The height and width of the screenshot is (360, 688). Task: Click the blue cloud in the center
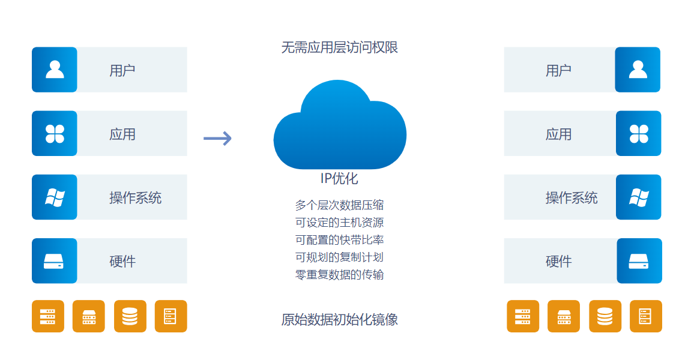point(340,129)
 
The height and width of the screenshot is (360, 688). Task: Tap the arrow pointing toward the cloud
point(217,139)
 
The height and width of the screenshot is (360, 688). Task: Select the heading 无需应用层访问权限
point(339,47)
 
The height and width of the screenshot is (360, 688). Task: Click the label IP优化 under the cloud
point(339,178)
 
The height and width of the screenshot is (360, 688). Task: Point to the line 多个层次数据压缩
point(339,205)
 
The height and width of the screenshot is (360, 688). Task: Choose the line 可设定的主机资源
point(339,223)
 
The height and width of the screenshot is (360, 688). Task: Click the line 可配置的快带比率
point(339,240)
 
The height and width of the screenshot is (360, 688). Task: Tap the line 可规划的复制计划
point(339,257)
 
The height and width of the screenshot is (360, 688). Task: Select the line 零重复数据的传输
point(339,275)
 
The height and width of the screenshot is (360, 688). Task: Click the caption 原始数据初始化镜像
point(339,319)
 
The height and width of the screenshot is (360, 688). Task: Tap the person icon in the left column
point(55,70)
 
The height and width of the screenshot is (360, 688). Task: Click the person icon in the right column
point(638,70)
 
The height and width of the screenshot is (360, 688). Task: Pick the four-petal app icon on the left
point(55,133)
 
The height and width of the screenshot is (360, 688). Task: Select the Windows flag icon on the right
point(639,197)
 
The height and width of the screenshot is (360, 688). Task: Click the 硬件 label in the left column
point(122,261)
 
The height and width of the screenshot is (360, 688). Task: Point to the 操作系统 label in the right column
point(572,197)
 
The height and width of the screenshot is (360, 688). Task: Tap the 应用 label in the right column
point(558,134)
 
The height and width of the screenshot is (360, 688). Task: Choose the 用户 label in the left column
point(122,70)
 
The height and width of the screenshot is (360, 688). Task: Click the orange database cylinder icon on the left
point(130,316)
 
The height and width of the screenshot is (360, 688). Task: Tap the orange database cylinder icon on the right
point(605,316)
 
